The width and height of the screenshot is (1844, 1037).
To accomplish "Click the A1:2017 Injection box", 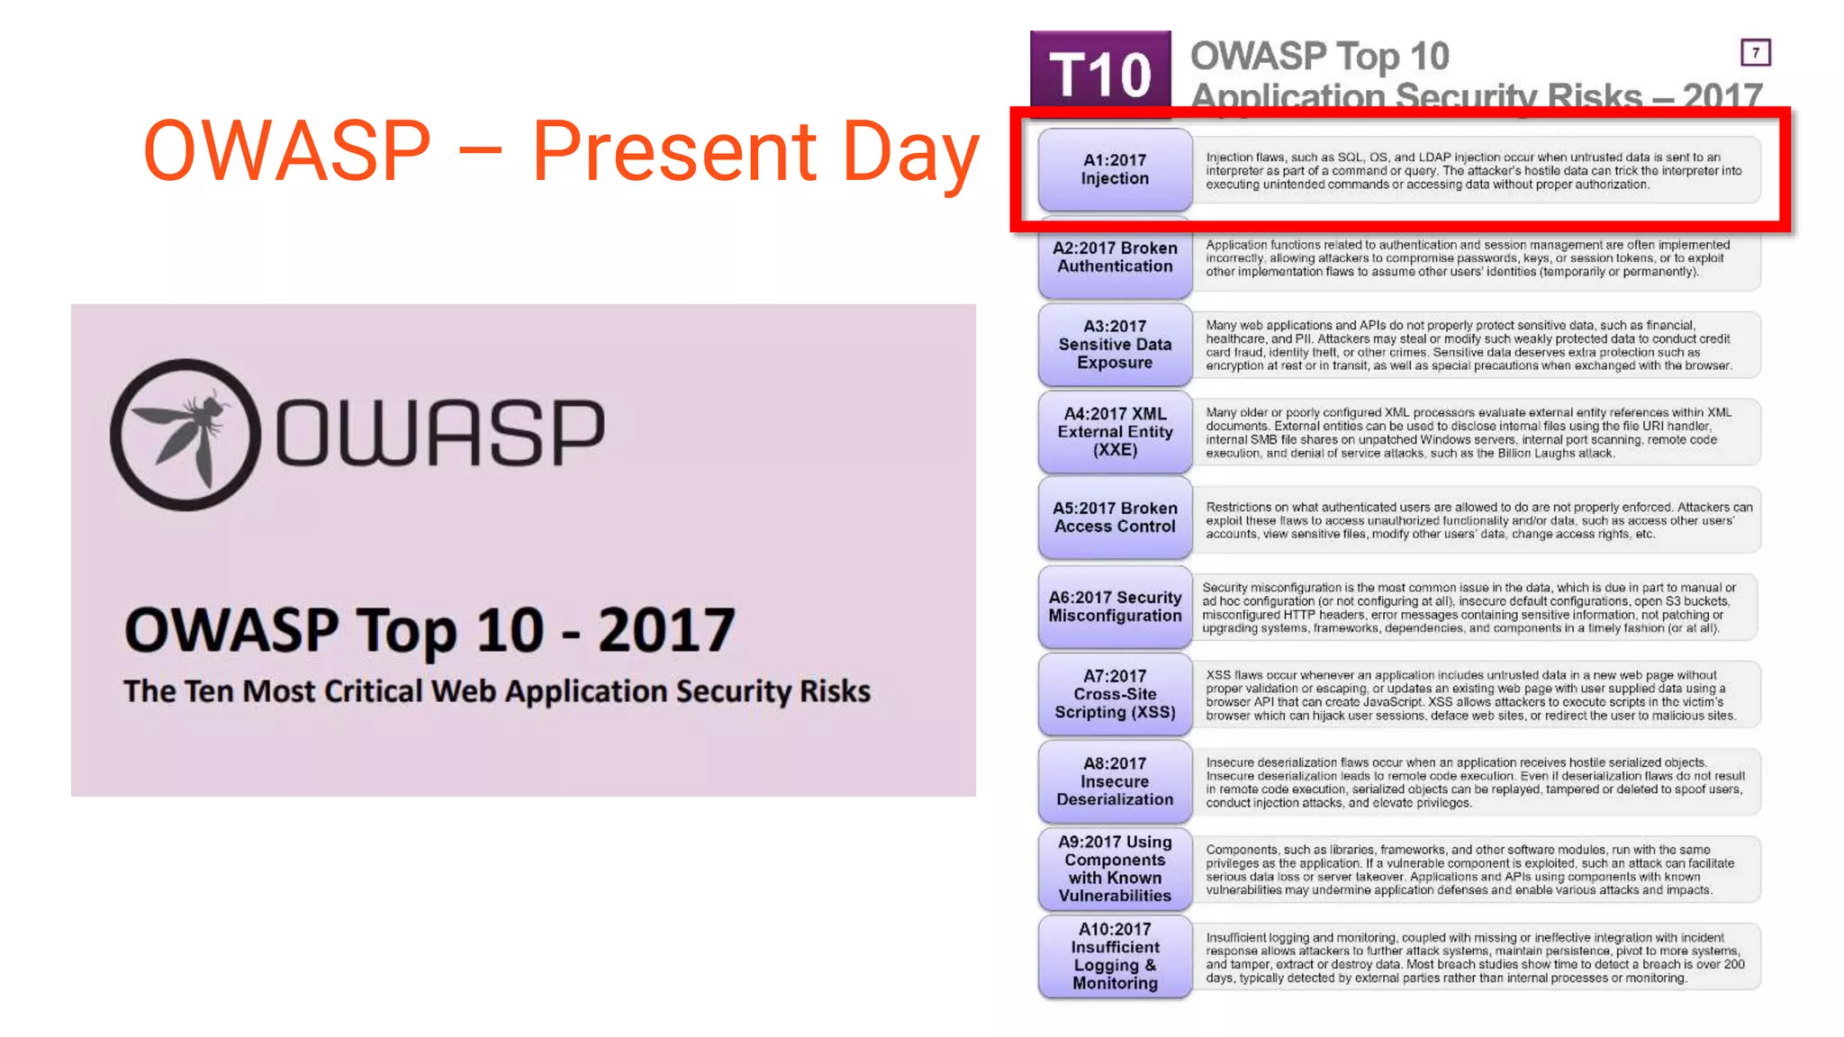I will [1115, 169].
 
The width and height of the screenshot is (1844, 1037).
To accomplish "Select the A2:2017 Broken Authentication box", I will [1115, 257].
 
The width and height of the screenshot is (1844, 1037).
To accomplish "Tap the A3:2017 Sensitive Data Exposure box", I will [1115, 345].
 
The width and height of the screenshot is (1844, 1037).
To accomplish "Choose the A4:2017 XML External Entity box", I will [1115, 432].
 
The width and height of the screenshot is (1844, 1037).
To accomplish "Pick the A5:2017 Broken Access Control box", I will [1115, 518].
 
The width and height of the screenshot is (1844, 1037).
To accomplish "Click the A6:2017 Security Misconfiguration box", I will [1115, 607].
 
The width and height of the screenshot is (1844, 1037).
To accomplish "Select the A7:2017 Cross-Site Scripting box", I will [1115, 694].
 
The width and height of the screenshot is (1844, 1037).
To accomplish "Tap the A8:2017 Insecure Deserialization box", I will [1115, 781].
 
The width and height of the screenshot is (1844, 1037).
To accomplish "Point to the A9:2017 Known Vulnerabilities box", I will [1115, 869].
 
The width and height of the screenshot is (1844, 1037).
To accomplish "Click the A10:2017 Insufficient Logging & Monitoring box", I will [1115, 956].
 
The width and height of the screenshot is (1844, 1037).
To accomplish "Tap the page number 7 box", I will [1755, 52].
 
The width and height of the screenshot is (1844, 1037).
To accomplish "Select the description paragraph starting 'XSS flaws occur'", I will [1469, 695].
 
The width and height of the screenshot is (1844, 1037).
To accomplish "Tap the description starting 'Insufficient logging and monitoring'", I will [1474, 958].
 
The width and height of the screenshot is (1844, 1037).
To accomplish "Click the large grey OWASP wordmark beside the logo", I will [439, 433].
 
